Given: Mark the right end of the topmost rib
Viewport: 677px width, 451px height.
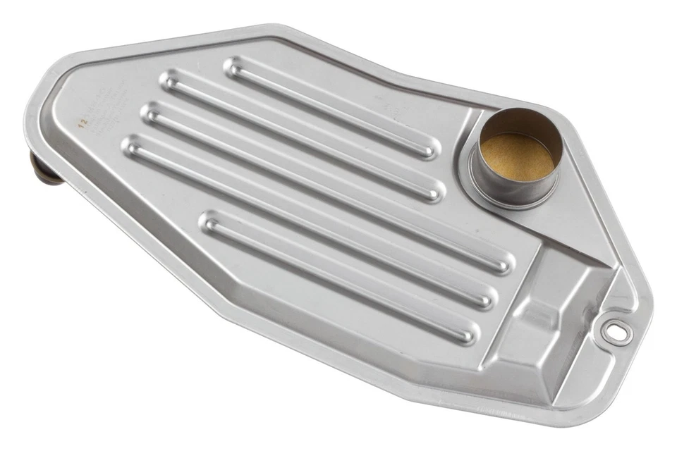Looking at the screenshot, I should (429, 149).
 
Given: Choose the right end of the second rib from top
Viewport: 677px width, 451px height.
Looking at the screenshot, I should (434, 192).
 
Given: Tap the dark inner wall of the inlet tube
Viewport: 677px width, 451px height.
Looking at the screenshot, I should (522, 124).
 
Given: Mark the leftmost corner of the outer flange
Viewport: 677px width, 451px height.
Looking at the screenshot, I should (28, 116).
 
